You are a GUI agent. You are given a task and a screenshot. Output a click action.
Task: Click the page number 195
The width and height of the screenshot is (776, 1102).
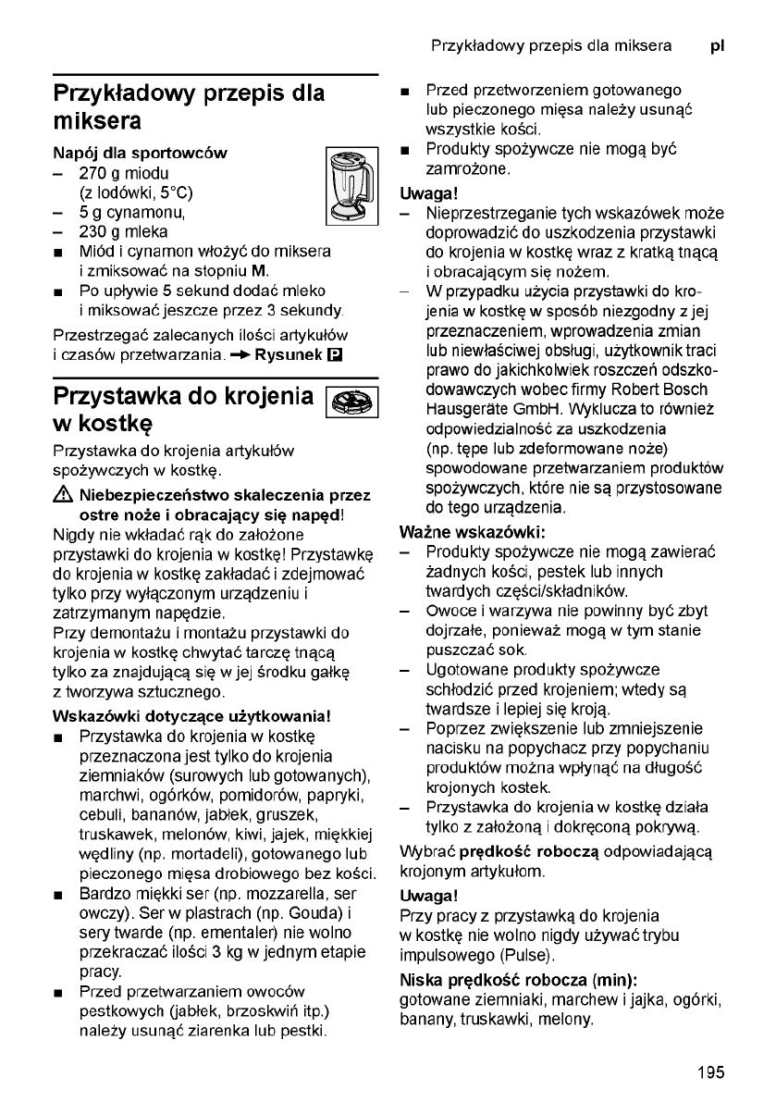tap(711, 1073)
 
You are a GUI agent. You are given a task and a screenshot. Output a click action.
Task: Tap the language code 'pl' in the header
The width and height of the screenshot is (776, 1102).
tap(717, 45)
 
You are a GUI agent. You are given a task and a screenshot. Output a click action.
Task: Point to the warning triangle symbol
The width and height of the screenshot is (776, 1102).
tap(64, 494)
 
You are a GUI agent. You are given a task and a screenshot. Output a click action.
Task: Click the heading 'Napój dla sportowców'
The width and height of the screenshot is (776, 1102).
tap(140, 151)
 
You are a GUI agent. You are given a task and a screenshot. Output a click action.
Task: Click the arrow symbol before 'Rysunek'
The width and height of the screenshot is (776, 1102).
tap(240, 355)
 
